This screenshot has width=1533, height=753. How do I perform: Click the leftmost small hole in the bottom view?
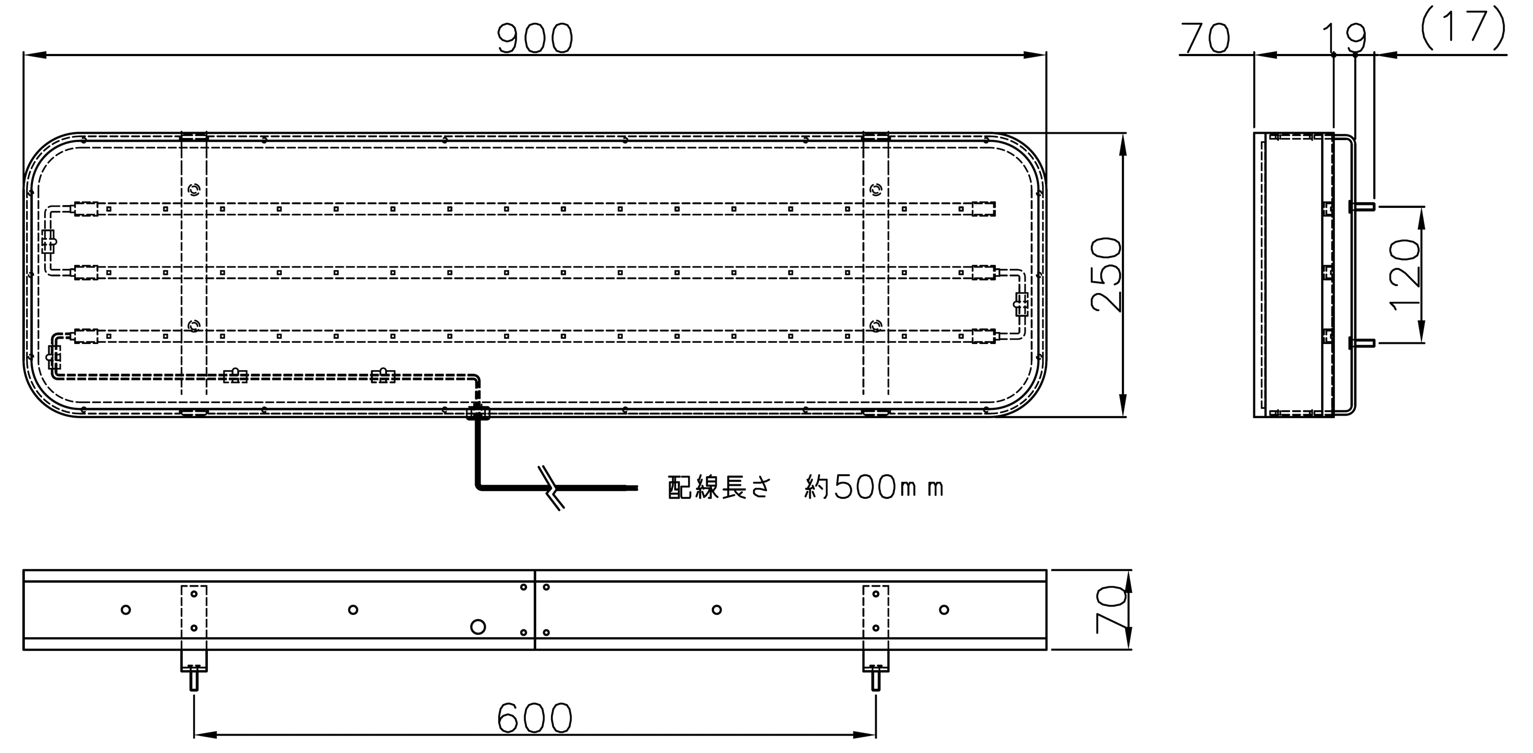click(x=126, y=610)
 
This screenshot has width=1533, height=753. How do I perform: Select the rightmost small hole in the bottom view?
click(x=944, y=610)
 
